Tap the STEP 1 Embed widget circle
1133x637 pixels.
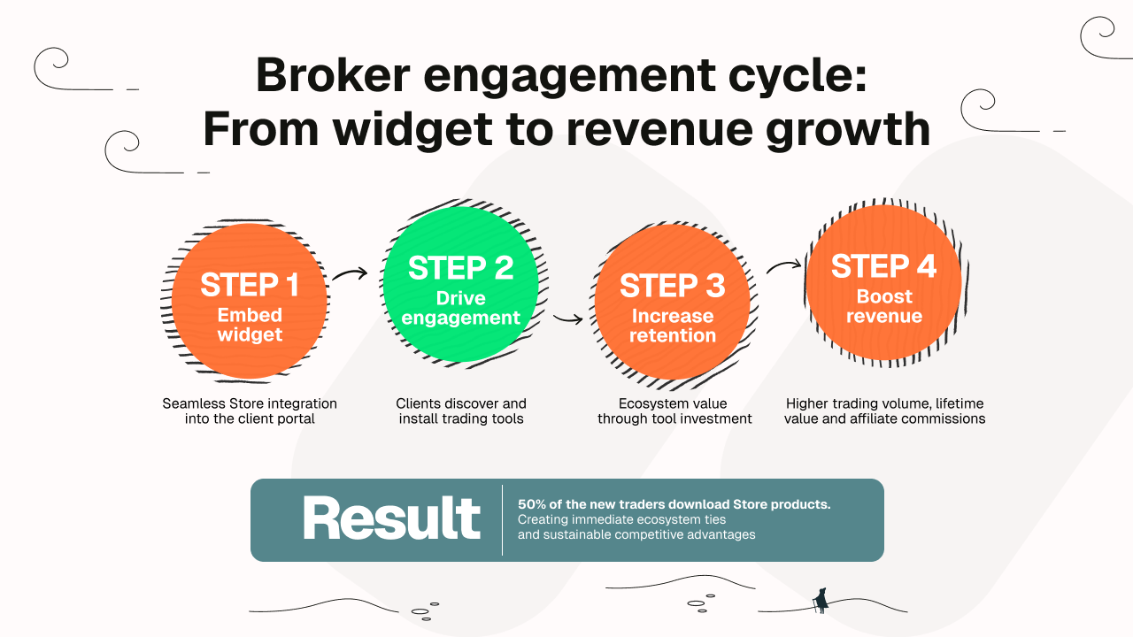point(250,302)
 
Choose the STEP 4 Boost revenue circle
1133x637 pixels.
point(883,284)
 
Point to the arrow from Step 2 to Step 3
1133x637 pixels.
point(567,318)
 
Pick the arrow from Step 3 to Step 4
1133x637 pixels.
point(783,266)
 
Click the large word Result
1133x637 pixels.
point(391,519)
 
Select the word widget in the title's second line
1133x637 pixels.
point(412,130)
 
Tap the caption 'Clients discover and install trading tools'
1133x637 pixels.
point(461,411)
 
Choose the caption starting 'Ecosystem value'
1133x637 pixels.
point(674,411)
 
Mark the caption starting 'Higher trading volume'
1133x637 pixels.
point(884,411)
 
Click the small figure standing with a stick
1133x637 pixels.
point(821,601)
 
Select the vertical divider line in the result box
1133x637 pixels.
point(502,520)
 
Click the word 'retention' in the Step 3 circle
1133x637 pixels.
point(673,336)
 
